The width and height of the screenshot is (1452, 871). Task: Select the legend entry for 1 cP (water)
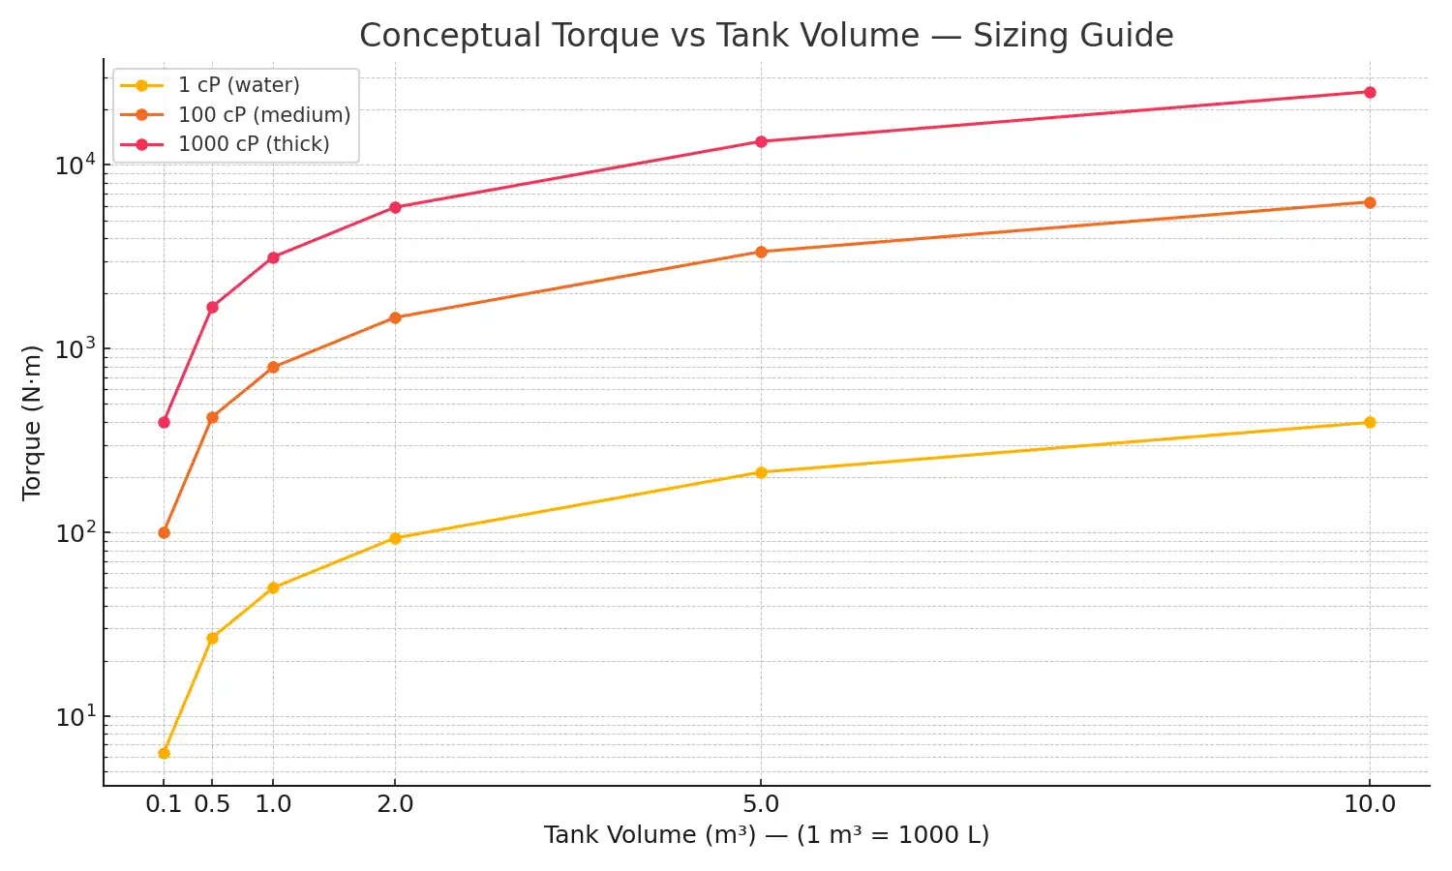click(x=238, y=85)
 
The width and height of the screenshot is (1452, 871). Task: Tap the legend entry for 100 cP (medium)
click(x=263, y=115)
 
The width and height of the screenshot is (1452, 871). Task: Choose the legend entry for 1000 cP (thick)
click(x=254, y=144)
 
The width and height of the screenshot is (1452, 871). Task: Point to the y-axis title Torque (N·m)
click(x=32, y=422)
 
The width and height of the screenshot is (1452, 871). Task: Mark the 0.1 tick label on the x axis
click(x=164, y=804)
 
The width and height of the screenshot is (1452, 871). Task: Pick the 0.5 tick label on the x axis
click(x=212, y=804)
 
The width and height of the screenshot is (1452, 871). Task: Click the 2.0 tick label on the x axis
click(x=395, y=804)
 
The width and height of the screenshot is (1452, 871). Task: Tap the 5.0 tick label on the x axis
click(x=761, y=804)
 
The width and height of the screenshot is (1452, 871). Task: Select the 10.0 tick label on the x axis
click(x=1370, y=804)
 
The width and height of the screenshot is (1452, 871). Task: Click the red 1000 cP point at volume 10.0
click(x=1370, y=93)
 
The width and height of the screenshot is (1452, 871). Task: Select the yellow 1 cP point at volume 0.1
click(x=164, y=753)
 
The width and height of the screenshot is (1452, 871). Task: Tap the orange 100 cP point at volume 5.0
click(x=761, y=252)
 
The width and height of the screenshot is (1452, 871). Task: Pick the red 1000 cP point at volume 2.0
click(x=395, y=207)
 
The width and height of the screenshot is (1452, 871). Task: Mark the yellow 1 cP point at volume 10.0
click(x=1370, y=422)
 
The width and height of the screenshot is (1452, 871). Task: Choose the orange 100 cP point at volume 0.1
click(x=164, y=532)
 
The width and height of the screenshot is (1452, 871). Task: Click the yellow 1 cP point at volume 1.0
click(x=273, y=587)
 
